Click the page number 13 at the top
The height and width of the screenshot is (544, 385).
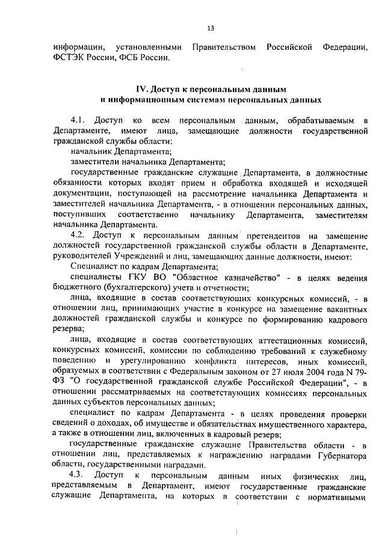click(211, 28)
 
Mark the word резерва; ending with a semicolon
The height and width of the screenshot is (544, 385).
click(69, 329)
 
